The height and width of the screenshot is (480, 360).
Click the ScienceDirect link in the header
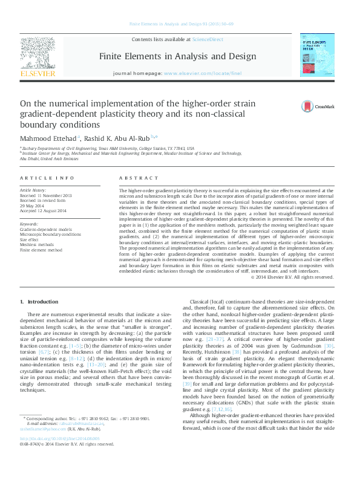click(x=207, y=39)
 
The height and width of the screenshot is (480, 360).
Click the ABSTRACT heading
click(x=132, y=179)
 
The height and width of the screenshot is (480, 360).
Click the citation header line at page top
click(x=179, y=24)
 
